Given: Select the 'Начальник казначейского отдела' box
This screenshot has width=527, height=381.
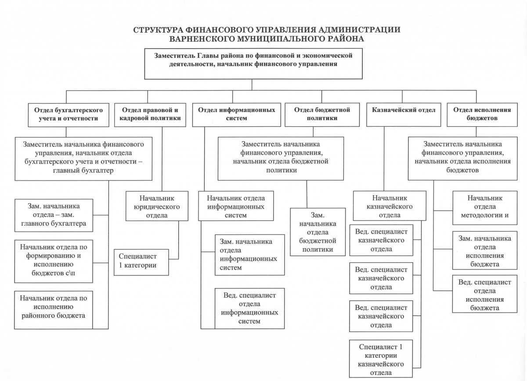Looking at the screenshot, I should click(389, 205).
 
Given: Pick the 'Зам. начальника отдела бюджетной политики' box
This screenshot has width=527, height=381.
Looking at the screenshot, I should click(317, 232).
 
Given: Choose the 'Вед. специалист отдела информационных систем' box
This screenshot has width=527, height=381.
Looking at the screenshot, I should click(249, 308).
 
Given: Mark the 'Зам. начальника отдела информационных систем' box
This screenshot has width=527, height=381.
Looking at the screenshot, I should click(249, 255).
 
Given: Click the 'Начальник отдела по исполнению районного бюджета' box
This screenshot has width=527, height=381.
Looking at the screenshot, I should click(54, 310).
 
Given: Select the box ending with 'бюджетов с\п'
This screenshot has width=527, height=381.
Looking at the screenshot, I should click(54, 261).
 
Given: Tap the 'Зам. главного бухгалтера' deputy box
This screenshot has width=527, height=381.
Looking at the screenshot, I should click(54, 215).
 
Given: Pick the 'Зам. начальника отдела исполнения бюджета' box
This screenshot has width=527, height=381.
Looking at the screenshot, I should click(484, 252).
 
